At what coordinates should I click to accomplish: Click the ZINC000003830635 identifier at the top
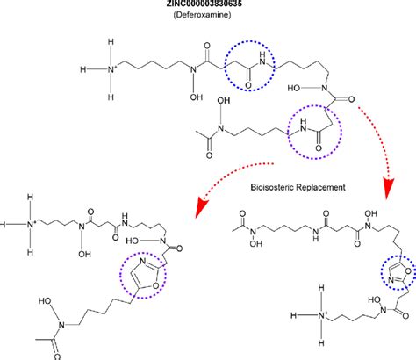pos(208,6)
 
